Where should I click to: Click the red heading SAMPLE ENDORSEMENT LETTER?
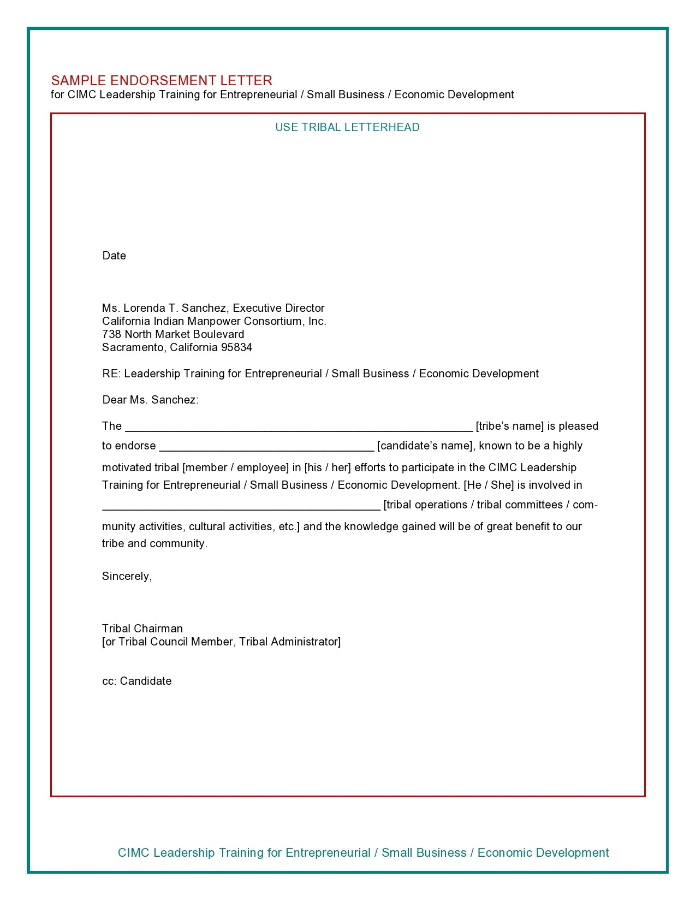[162, 80]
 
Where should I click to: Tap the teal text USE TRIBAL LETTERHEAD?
[347, 127]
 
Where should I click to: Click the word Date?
[114, 256]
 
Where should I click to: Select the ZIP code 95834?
[236, 347]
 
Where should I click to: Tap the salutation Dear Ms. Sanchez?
[150, 400]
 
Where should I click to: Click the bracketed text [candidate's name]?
[426, 446]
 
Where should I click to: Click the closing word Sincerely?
[127, 576]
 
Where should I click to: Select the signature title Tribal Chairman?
[142, 629]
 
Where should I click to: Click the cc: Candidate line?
[137, 681]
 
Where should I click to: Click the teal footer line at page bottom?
[363, 852]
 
